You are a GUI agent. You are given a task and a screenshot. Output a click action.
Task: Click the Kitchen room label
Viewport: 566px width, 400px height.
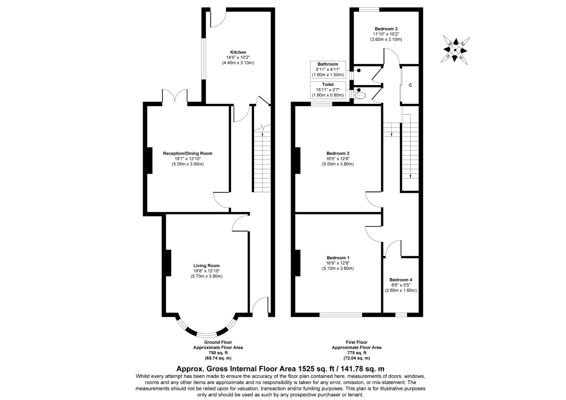click(x=238, y=52)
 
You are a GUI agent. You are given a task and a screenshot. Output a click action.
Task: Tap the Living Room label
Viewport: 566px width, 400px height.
click(x=207, y=265)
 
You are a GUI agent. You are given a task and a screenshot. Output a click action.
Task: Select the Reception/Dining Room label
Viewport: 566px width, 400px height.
click(x=187, y=153)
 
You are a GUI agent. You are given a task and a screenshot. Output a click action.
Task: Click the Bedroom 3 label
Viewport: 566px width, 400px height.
click(x=386, y=29)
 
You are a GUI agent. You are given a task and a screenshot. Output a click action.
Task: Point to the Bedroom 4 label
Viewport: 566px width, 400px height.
click(x=401, y=280)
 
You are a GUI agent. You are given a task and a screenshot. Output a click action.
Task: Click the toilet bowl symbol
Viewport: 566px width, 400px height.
click(x=360, y=96)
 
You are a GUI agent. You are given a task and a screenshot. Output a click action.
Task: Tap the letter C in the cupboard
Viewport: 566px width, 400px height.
click(x=410, y=85)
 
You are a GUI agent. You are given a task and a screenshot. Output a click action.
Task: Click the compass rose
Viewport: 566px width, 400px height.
click(x=455, y=50)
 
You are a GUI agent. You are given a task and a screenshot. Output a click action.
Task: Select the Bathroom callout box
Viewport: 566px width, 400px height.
click(x=328, y=69)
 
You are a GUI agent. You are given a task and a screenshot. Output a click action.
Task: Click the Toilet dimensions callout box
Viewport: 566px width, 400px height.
click(x=328, y=90)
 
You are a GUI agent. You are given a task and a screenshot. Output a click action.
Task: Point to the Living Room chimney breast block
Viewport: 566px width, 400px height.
click(x=168, y=263)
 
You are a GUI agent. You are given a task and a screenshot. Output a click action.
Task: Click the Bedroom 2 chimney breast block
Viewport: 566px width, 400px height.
click(x=298, y=161)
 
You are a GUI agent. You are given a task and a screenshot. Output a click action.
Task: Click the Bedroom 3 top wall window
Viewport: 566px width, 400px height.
click(x=369, y=10)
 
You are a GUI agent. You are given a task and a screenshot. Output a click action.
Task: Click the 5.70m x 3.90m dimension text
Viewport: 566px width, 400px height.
click(x=207, y=276)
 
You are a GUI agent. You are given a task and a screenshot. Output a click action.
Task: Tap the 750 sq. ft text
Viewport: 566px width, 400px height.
click(x=218, y=353)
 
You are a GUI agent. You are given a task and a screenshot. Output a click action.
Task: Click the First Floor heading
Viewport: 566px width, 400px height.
click(x=357, y=342)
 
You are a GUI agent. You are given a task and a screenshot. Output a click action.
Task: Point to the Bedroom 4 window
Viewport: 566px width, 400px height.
click(x=401, y=315)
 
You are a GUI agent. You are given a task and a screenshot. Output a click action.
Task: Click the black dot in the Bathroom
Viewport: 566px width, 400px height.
click(x=359, y=70)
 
